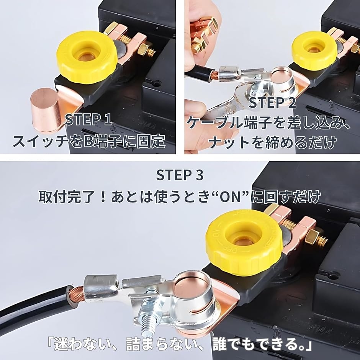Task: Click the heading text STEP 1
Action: (x=88, y=119)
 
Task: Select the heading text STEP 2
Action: (x=272, y=103)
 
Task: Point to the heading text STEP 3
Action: (x=180, y=175)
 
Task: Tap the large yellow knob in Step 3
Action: (x=244, y=242)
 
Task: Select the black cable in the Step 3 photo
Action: (x=34, y=306)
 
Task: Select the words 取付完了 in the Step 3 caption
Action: (x=66, y=197)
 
